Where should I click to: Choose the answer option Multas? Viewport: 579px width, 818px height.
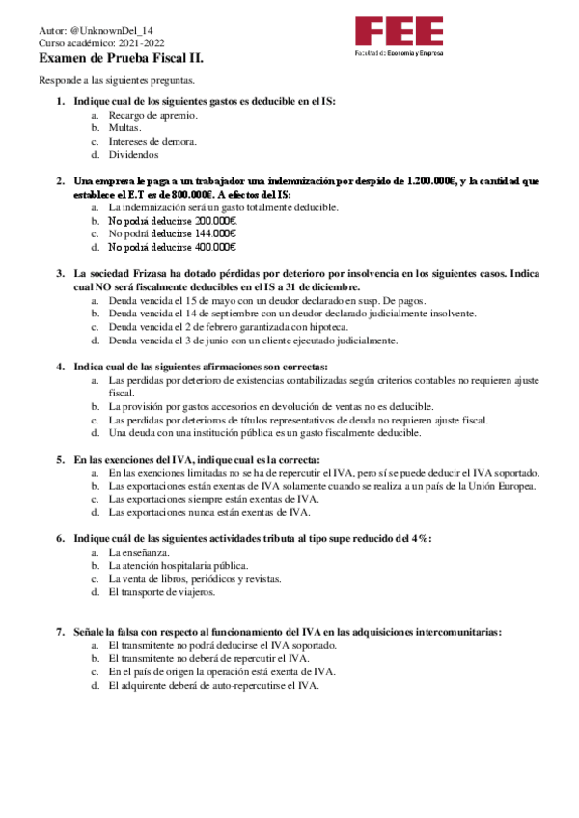point(124,127)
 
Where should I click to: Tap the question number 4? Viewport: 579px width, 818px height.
point(60,367)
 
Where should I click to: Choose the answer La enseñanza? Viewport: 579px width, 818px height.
point(139,552)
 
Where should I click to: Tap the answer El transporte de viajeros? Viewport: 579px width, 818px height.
point(161,591)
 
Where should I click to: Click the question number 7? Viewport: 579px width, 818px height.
point(60,631)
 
